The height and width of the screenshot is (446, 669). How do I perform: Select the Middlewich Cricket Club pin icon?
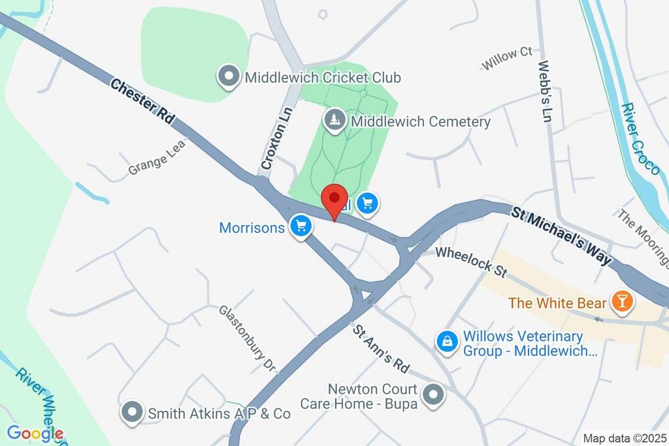coord(229,77)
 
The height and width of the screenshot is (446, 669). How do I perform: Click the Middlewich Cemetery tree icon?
coord(335,120)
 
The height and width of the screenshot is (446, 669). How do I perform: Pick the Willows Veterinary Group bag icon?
coord(447,341)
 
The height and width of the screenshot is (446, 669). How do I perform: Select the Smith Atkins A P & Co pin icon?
coord(133,413)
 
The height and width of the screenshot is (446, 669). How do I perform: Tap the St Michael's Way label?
coord(562,235)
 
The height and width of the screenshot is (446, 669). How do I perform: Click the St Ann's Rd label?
coord(382,346)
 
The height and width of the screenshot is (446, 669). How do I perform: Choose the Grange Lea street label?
coord(157,156)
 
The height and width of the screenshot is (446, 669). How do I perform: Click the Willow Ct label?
coord(507,58)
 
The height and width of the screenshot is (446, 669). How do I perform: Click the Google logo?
coord(35,433)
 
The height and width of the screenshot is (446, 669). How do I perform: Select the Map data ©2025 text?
coord(624,437)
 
